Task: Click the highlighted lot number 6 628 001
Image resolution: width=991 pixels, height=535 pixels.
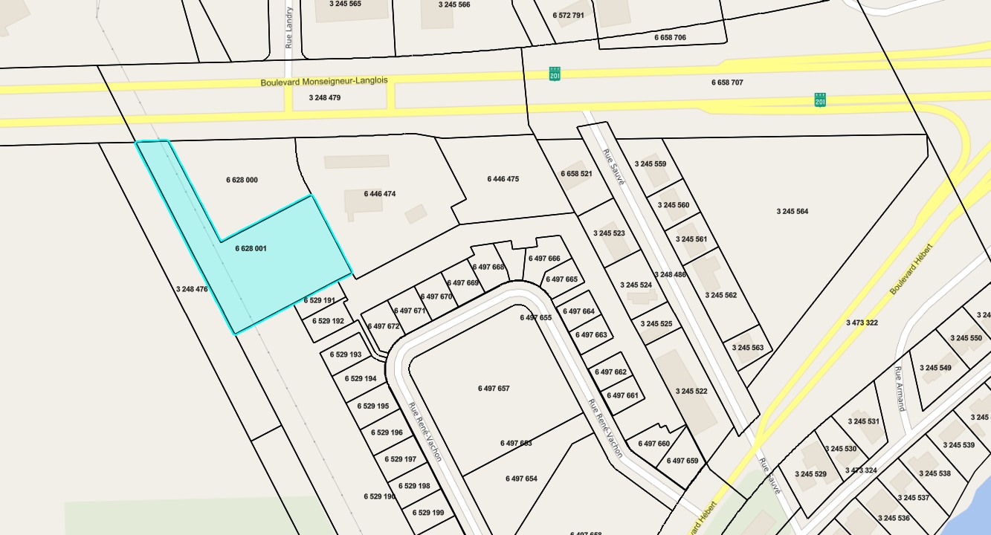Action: [251, 249]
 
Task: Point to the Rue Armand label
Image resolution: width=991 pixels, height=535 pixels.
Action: [900, 389]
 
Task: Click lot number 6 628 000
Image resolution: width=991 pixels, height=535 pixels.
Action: [242, 181]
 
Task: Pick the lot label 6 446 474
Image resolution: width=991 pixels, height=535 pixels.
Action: [380, 194]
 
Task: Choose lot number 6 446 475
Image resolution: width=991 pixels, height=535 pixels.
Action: [503, 179]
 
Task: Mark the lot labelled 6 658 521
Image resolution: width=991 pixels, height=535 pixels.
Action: [576, 174]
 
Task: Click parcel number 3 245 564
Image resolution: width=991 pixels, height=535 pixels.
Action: [793, 212]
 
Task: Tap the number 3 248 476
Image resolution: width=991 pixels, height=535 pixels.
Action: [192, 289]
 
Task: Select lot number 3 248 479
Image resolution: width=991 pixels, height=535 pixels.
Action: [325, 97]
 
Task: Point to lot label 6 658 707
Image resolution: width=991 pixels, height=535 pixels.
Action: [727, 82]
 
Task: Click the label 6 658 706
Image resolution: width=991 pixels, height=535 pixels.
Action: [670, 37]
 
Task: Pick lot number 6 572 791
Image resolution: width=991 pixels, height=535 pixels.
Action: [569, 15]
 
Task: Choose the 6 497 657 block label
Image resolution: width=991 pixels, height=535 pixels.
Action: [494, 389]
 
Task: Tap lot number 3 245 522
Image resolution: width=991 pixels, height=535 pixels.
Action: [691, 392]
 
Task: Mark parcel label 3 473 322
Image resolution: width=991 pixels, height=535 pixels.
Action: [862, 322]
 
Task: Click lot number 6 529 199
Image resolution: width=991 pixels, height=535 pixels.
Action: [428, 513]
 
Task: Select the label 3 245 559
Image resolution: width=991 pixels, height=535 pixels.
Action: [651, 164]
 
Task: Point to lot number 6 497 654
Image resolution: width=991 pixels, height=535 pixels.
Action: [521, 479]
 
